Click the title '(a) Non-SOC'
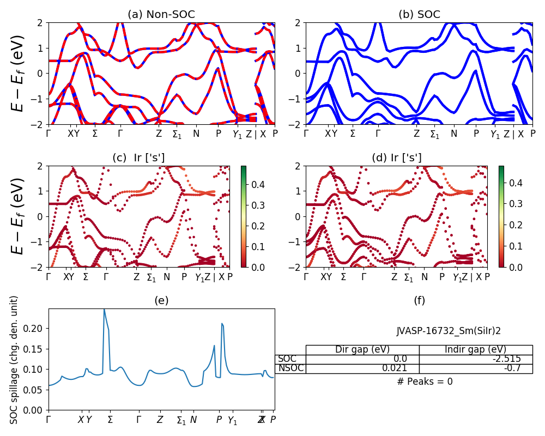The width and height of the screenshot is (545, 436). [161, 15]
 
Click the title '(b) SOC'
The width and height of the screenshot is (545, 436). [419, 15]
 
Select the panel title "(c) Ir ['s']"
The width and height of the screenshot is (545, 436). [138, 158]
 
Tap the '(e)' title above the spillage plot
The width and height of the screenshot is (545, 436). [161, 300]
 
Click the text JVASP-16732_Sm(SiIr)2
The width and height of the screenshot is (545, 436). [449, 331]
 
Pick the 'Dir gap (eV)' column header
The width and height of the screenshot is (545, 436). [362, 350]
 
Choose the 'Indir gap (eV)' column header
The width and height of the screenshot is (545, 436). [475, 350]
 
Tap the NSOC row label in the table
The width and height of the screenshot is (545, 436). [290, 368]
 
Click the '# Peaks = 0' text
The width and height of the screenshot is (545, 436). [425, 381]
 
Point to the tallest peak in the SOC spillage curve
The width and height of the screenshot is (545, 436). [104, 309]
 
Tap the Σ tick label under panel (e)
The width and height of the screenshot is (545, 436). [111, 420]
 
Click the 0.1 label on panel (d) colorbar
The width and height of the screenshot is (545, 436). [513, 246]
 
